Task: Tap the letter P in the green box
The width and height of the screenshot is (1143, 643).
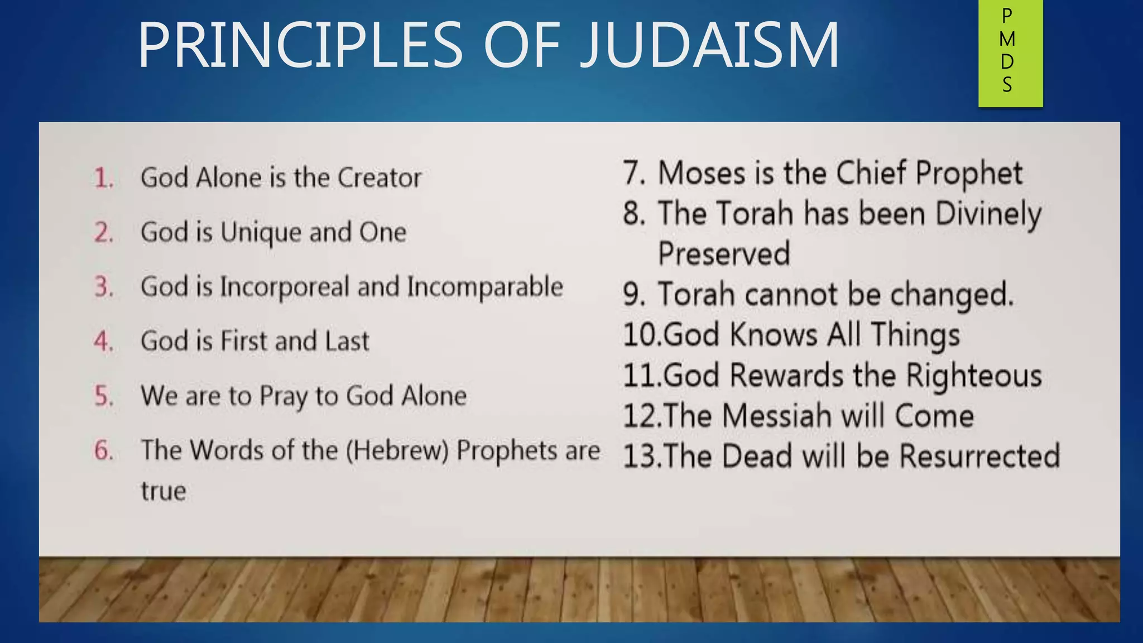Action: point(1007,16)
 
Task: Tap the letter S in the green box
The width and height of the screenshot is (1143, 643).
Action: point(1007,85)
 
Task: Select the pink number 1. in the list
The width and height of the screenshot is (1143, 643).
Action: point(104,178)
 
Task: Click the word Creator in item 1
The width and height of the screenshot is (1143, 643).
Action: point(380,178)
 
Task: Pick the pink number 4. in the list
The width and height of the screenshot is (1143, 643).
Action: point(104,341)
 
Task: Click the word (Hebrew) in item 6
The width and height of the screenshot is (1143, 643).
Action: point(397,451)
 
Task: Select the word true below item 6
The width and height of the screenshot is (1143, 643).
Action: point(163,492)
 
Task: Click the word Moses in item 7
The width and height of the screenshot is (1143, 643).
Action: point(702,173)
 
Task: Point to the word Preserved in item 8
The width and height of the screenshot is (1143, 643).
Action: point(724,254)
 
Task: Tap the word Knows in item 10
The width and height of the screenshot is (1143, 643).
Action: point(774,335)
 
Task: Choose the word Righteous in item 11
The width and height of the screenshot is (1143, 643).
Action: point(973,376)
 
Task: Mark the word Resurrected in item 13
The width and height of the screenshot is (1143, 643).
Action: point(979,457)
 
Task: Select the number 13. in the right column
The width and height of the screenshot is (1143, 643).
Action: point(641,457)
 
